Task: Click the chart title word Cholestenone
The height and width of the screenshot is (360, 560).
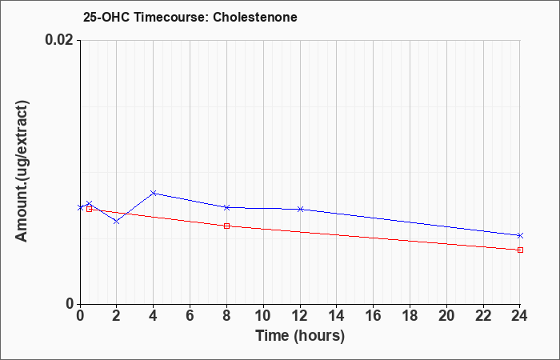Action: point(255,17)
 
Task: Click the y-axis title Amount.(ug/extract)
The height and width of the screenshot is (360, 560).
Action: point(22,172)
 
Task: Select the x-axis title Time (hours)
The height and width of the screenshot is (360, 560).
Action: point(300,336)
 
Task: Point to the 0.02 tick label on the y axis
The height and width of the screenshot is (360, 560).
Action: point(60,40)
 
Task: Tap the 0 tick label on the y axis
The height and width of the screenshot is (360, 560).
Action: point(70,304)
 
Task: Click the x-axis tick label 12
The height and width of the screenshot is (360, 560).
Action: point(300,316)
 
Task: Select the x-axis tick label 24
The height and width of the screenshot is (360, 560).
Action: point(520,316)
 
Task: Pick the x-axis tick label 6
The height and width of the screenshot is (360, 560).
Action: point(190,316)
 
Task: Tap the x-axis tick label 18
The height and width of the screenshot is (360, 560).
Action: point(410,316)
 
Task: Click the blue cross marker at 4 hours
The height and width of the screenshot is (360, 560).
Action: point(154,194)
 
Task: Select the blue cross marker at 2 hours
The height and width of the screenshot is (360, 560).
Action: point(117,222)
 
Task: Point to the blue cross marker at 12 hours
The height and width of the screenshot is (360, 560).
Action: point(300,209)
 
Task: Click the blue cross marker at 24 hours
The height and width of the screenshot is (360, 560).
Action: point(520,235)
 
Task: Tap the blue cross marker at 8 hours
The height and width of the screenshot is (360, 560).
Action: point(226,207)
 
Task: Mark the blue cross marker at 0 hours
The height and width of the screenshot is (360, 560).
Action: point(80,207)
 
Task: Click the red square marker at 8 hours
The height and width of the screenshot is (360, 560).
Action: point(226,226)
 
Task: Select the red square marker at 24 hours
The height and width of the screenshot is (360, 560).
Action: point(520,250)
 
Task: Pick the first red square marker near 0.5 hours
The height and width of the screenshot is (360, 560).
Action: point(90,209)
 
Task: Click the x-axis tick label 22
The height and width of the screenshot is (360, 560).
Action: point(483,316)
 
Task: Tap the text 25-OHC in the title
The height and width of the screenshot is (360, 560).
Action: point(106,17)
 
